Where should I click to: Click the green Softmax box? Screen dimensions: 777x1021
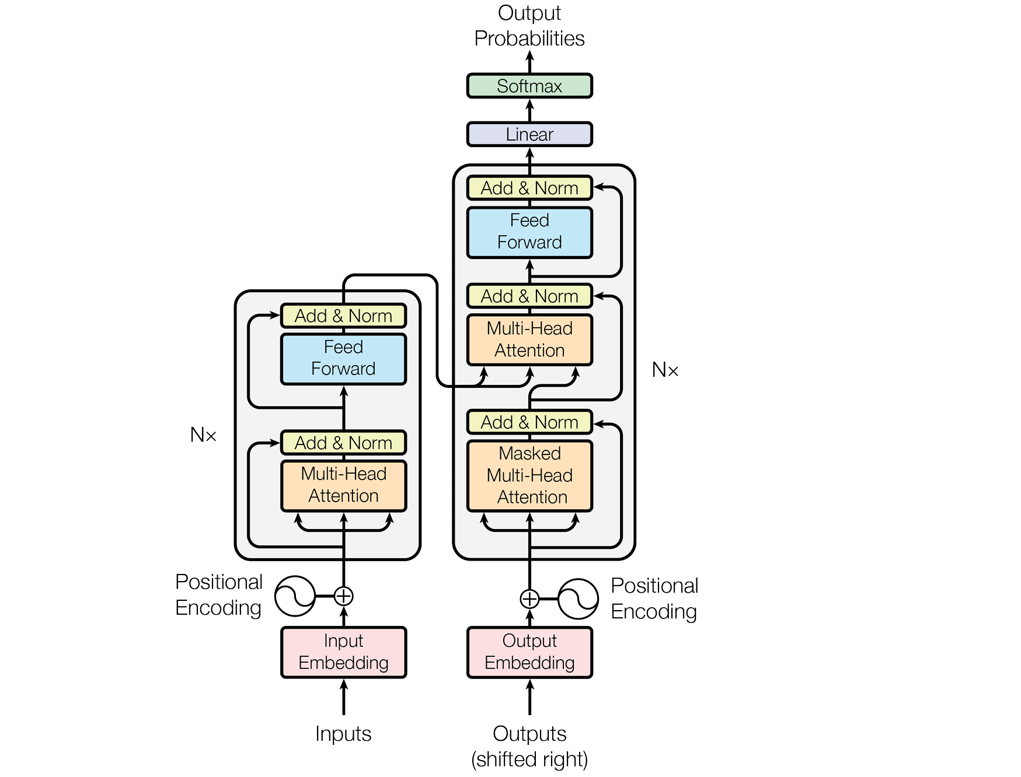point(529,86)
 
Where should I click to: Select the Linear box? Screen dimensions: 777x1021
point(529,134)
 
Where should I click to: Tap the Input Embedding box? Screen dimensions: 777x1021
point(343,652)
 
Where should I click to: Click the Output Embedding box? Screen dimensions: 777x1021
point(529,652)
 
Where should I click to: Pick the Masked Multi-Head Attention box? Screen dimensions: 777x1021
point(529,475)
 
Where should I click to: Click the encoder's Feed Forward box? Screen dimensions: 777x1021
point(343,358)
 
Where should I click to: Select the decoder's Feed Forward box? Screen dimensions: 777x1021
point(529,232)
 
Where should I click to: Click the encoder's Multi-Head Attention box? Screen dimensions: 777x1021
point(343,485)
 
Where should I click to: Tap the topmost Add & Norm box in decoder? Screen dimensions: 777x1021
point(529,188)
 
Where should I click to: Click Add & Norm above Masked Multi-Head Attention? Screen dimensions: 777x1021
point(529,422)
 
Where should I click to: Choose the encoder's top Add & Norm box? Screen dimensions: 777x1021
point(343,316)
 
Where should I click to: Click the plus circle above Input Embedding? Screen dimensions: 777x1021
point(343,596)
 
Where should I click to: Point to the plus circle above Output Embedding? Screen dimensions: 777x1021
point(529,599)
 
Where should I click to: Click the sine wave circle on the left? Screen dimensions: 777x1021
point(295,596)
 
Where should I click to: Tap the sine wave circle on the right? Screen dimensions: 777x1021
point(578,599)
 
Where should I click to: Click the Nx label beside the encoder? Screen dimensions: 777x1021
point(203,435)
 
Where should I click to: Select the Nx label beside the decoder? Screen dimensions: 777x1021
point(665,370)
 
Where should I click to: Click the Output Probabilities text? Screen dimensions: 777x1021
point(529,26)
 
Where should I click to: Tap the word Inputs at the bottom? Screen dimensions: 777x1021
point(343,733)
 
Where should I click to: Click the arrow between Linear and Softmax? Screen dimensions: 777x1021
point(529,110)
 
